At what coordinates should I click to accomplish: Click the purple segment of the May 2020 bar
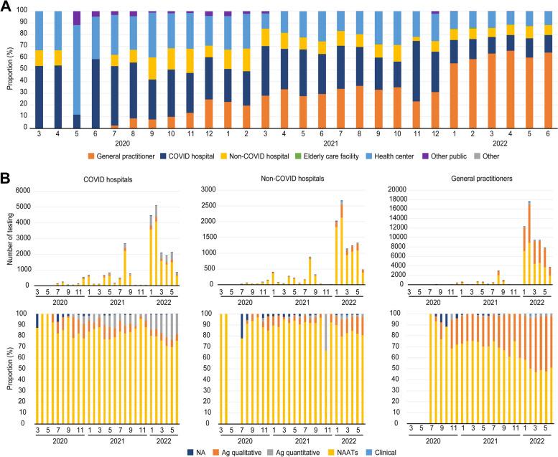click(x=77, y=18)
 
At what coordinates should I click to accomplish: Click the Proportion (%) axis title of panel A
click(x=7, y=70)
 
